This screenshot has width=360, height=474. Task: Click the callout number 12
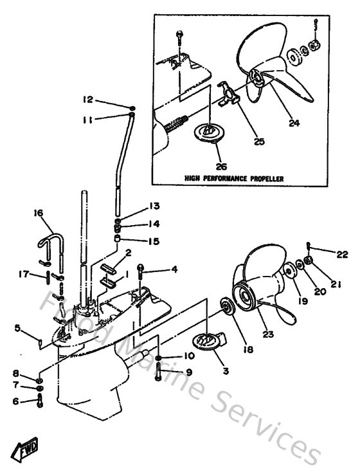pos(87,99)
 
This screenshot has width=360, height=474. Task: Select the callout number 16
pos(39,212)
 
